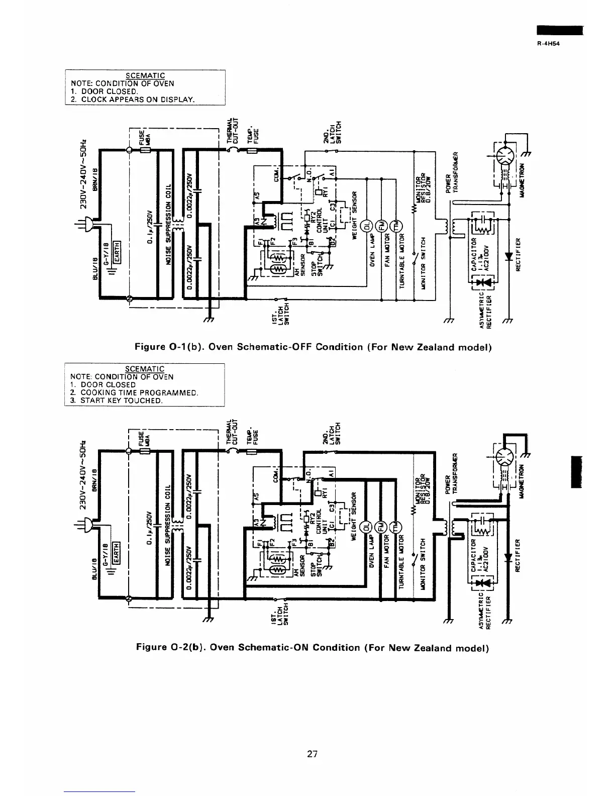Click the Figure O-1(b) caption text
[313, 347]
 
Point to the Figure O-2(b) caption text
[313, 647]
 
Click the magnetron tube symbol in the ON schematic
[505, 458]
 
